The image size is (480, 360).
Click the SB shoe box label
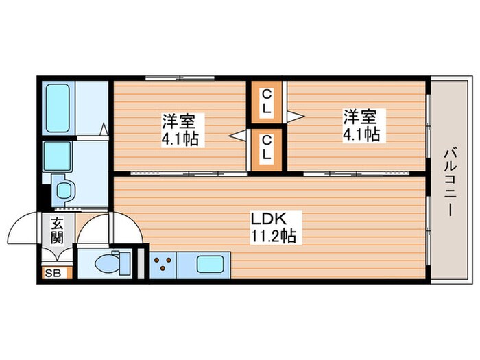(x=51, y=274)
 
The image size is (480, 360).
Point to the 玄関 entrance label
(x=56, y=230)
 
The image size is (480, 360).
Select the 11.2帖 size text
(x=272, y=237)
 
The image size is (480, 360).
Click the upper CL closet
(x=266, y=101)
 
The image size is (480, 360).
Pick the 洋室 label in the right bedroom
(x=361, y=116)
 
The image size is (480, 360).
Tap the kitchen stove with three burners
(x=163, y=264)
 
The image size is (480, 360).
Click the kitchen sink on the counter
(x=210, y=264)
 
